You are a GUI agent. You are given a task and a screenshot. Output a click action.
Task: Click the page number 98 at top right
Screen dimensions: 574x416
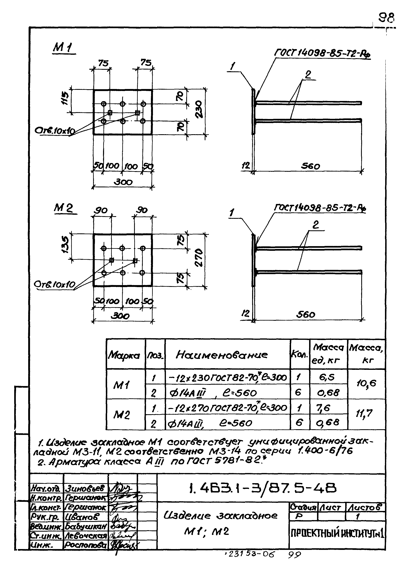386,18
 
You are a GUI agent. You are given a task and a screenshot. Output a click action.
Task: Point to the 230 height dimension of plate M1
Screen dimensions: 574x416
199,109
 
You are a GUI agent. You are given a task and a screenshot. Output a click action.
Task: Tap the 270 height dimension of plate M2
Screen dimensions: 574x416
199,257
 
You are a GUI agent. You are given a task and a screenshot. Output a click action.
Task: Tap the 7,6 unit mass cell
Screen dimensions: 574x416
324,408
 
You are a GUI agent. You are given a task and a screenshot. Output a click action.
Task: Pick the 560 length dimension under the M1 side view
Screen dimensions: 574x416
310,166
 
